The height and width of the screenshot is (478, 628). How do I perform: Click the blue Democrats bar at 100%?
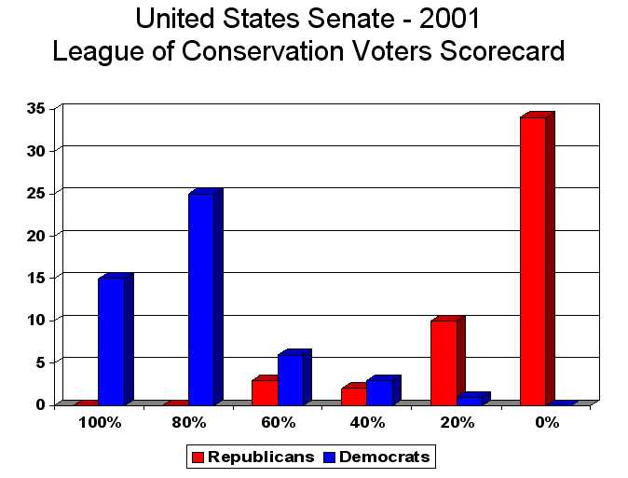click(111, 341)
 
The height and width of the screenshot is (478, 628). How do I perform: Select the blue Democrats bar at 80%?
click(200, 299)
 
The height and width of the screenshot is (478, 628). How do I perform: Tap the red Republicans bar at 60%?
click(265, 392)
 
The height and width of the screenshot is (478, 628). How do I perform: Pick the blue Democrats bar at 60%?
click(291, 379)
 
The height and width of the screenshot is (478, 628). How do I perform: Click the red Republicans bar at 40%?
click(354, 396)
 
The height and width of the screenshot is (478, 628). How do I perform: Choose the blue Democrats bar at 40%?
click(380, 392)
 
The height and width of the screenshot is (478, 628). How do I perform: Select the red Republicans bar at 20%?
click(444, 362)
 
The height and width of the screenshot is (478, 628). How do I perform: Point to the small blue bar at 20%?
click(470, 400)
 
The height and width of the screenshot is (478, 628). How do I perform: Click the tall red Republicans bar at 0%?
click(533, 261)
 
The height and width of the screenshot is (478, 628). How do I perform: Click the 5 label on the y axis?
click(40, 362)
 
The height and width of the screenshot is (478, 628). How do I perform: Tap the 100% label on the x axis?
click(100, 422)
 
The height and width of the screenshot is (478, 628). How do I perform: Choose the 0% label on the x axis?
click(547, 422)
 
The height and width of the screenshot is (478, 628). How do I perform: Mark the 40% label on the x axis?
click(368, 422)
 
